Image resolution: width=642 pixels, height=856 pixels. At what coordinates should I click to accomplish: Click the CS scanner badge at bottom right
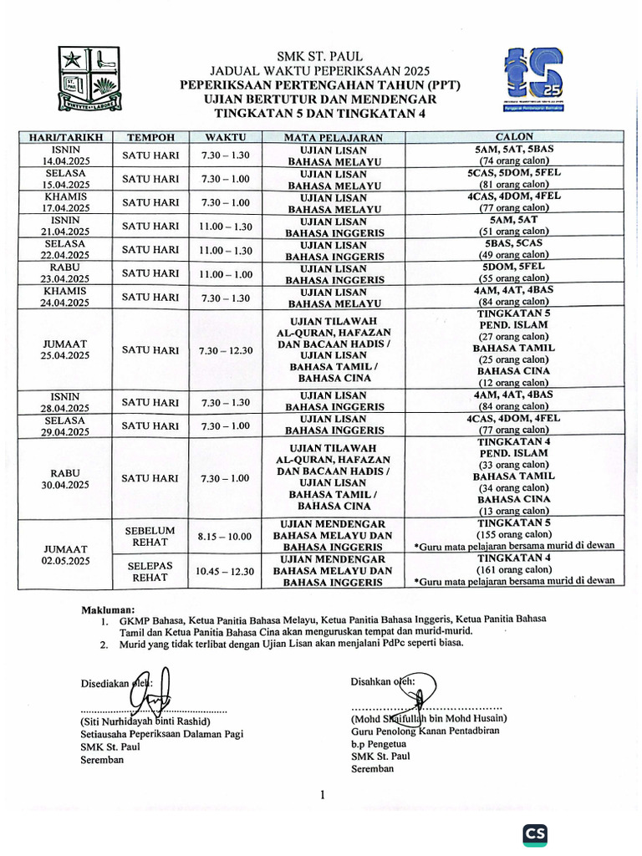(536, 834)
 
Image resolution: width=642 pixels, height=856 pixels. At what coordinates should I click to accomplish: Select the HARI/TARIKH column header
(65, 137)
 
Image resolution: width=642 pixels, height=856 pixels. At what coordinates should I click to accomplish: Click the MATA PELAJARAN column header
(334, 137)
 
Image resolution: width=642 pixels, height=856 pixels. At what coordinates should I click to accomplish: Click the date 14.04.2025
(65, 160)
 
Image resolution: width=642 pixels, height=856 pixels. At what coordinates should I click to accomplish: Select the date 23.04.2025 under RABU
(65, 279)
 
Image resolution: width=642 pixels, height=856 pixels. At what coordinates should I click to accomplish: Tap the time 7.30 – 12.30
(226, 349)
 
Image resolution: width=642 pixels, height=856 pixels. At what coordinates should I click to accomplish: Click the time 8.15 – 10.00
(226, 535)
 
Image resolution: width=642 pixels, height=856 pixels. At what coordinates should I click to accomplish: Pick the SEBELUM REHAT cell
(150, 535)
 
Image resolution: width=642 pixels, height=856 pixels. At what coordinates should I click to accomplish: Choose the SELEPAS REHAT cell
(150, 571)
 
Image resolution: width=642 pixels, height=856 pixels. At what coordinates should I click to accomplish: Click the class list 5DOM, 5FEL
(513, 266)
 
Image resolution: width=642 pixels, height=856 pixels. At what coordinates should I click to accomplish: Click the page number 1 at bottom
(322, 795)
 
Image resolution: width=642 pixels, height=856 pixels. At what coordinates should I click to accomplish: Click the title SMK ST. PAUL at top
(321, 56)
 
